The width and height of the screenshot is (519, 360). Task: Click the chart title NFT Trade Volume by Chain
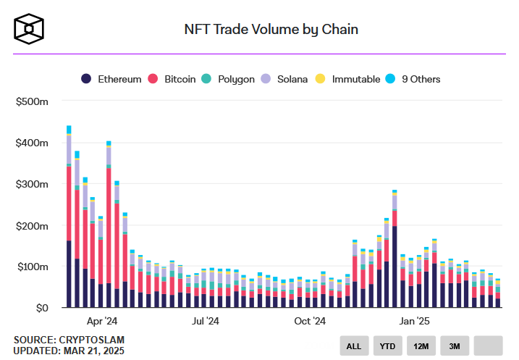(x=271, y=30)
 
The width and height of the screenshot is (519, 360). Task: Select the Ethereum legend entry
(x=111, y=79)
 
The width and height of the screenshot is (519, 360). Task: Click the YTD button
(x=387, y=346)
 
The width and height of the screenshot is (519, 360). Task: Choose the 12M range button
(x=421, y=346)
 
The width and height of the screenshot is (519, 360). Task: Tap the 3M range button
(x=454, y=346)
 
